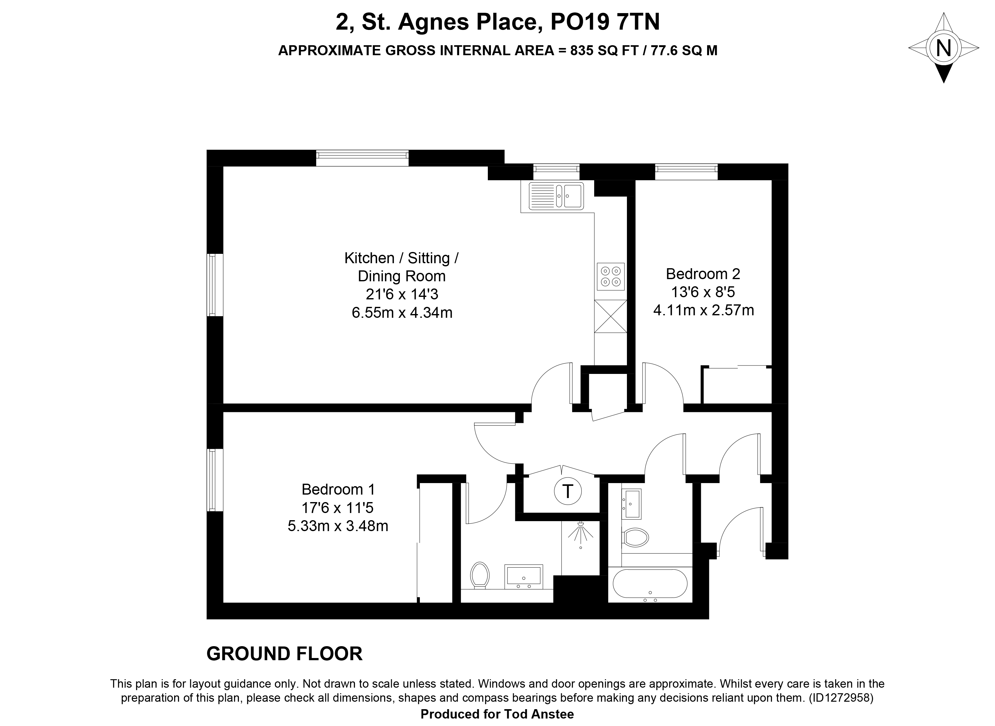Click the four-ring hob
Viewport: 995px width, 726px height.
(610, 276)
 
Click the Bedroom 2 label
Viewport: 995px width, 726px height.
(703, 274)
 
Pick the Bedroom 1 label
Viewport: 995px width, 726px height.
(338, 489)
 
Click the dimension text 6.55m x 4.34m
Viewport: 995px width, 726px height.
(402, 312)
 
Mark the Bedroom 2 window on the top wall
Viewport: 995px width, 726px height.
(686, 172)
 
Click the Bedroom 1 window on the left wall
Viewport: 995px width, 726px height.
(215, 480)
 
